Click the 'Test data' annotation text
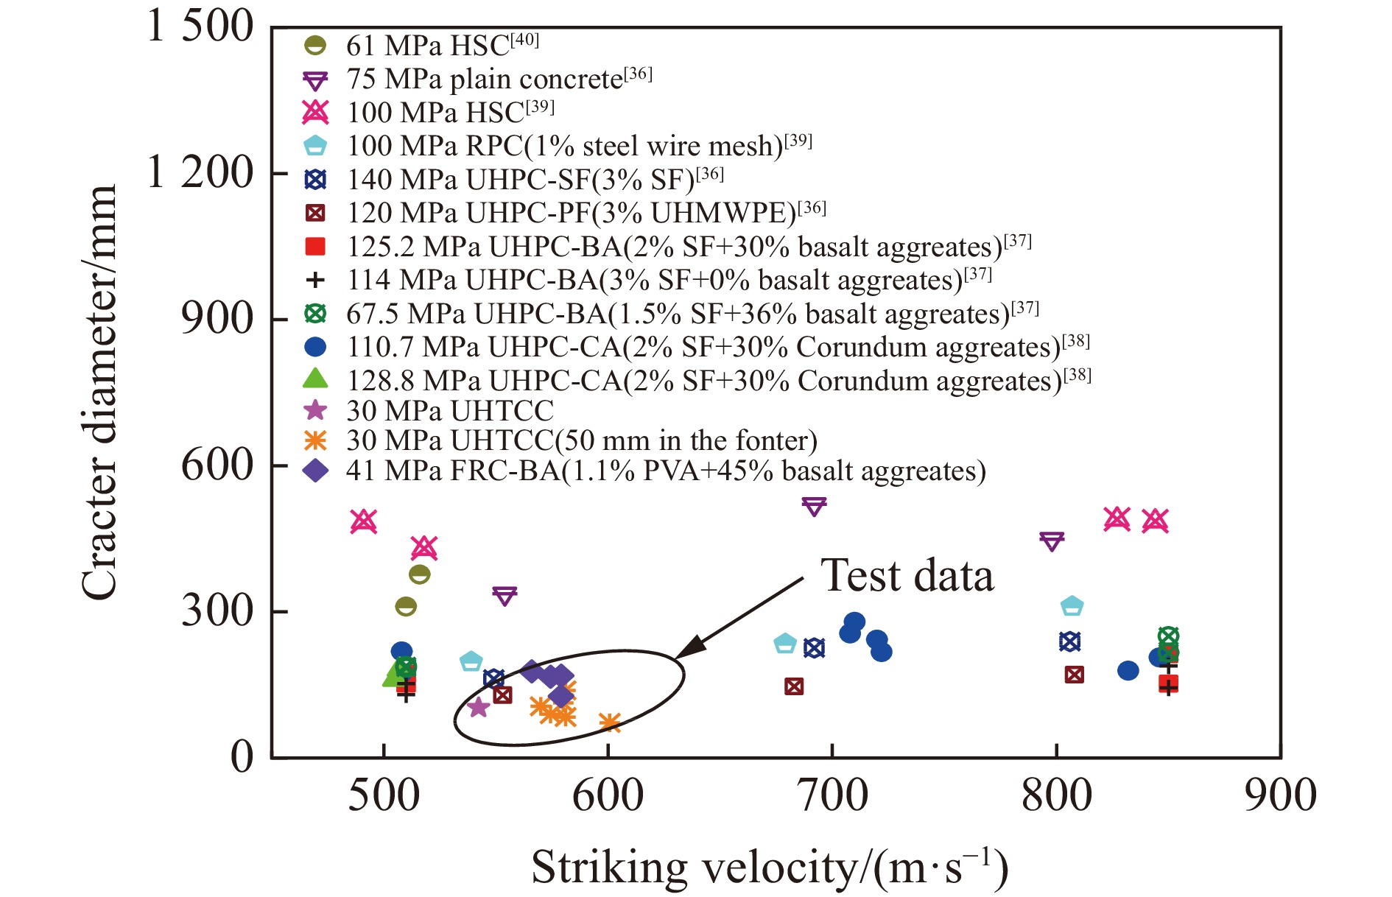(x=907, y=575)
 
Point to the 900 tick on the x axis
(x=1281, y=796)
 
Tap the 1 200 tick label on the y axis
(x=200, y=173)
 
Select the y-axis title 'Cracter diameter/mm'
(x=99, y=393)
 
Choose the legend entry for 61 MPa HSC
(x=421, y=46)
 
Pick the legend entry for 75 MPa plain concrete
(x=478, y=79)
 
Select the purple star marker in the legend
(x=315, y=410)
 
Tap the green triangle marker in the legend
(x=315, y=379)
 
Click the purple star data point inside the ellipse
(x=479, y=707)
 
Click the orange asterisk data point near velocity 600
(x=609, y=723)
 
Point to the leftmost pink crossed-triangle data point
(x=364, y=521)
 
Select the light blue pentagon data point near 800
(x=1072, y=606)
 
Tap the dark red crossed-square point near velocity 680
(x=793, y=686)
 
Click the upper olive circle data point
(x=419, y=574)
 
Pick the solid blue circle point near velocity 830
(x=1128, y=670)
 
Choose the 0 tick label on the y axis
(x=242, y=756)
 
